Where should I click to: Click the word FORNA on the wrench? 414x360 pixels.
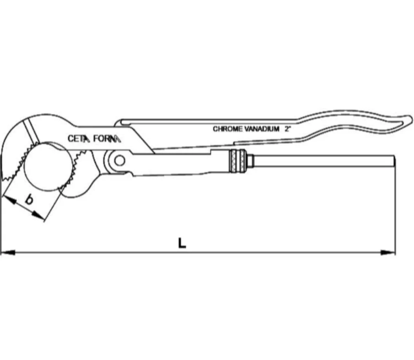point(107,138)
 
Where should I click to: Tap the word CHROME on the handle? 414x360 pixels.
point(227,129)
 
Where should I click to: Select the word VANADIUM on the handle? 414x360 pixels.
point(262,129)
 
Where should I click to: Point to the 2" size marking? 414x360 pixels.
point(288,129)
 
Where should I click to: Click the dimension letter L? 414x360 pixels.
point(182,243)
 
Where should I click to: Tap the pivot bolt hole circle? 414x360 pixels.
point(120,160)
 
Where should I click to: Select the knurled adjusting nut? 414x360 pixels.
point(237,161)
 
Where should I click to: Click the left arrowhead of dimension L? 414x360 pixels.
point(7,253)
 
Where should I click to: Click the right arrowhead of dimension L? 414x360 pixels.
point(388,253)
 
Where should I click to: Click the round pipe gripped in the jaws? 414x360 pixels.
point(48,166)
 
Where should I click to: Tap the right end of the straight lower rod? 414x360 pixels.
point(395,161)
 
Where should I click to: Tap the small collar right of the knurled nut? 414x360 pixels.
point(249,161)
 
